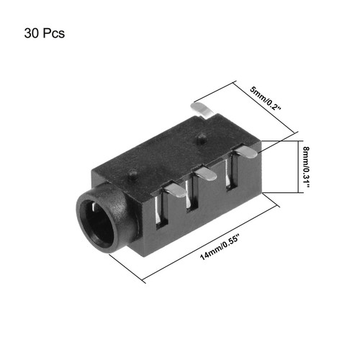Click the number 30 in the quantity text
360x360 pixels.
click(32, 33)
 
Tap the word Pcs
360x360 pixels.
click(54, 33)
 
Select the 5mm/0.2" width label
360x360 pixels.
click(265, 99)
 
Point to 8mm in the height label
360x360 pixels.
click(306, 154)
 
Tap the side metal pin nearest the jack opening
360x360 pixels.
click(176, 190)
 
